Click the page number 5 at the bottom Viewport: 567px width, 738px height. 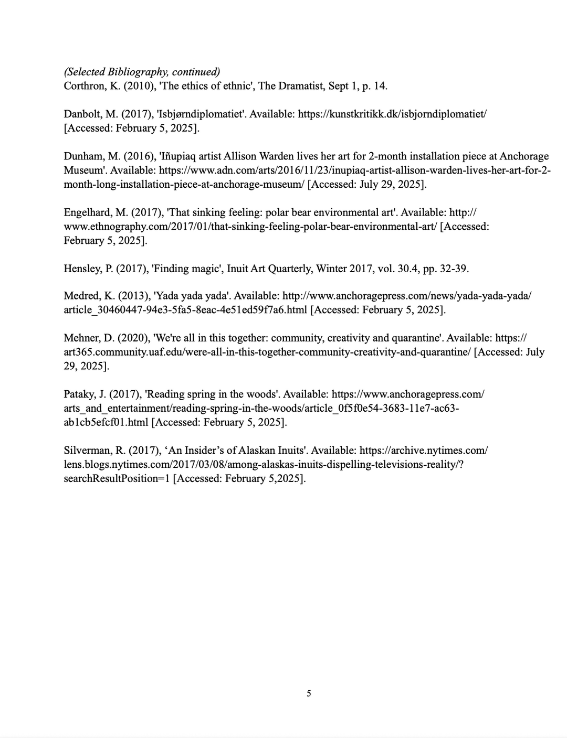[x=309, y=693]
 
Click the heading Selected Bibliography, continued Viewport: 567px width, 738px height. [x=142, y=72]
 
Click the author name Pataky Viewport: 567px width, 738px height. [x=80, y=394]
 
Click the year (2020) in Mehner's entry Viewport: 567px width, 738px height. [x=133, y=338]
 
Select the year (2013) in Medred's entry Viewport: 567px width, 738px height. [x=133, y=296]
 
